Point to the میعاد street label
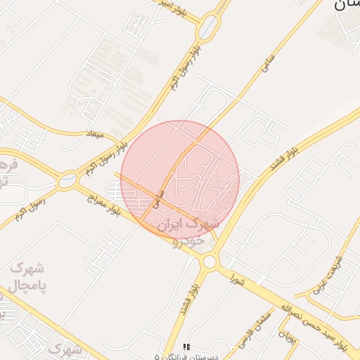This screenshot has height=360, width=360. point(94,134)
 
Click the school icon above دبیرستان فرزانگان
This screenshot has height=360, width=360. point(186,346)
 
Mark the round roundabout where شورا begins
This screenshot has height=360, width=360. point(209,262)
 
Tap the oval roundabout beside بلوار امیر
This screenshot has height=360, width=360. point(208,28)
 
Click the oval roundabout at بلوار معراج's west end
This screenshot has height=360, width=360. point(68,180)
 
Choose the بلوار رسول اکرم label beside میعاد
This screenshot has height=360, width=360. point(107,158)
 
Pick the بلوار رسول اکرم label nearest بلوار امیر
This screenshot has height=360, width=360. point(181,67)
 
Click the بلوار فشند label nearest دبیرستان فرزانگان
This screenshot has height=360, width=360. point(186,299)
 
